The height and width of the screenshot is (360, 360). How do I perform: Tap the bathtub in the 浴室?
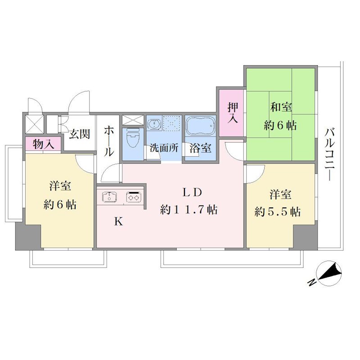coord(200,126)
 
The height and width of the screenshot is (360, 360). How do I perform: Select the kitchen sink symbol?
coord(109,197)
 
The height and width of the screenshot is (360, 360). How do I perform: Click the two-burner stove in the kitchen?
coord(134,197)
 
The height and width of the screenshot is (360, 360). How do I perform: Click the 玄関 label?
coord(80,134)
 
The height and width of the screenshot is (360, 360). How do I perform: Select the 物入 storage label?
coord(43,144)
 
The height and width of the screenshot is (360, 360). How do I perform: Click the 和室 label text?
coord(281,107)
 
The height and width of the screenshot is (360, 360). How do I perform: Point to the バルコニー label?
coord(330,155)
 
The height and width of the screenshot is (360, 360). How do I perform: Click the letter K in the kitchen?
coord(119,221)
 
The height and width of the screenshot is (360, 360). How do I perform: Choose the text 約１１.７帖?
coord(189,210)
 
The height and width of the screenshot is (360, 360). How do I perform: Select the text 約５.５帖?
coord(277,212)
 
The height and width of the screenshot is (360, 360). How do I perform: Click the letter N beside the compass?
coord(311,282)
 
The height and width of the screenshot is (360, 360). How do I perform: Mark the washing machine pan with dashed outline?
coord(172,123)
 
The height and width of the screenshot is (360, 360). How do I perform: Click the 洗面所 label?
coord(164,148)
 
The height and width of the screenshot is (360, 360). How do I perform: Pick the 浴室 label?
coord(200,148)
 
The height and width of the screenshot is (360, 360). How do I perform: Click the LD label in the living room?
coord(192,193)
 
